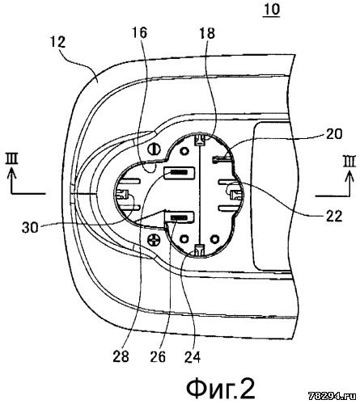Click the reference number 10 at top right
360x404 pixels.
point(272,10)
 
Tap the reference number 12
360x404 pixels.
point(57,42)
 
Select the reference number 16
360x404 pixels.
point(140,33)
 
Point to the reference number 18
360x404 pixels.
point(207,33)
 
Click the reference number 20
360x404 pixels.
point(334,134)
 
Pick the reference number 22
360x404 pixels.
point(334,216)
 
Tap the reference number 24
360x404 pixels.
point(193,357)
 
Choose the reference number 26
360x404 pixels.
point(158,357)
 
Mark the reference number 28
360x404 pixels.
point(121,357)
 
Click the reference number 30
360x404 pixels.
point(30,228)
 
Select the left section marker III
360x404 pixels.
point(12,158)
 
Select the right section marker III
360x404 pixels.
point(349,162)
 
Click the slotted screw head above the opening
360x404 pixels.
point(155,149)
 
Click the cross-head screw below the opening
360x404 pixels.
point(154,239)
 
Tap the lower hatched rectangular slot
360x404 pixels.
point(180,217)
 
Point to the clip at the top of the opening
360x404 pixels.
point(200,139)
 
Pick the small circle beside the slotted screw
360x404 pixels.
point(184,151)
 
